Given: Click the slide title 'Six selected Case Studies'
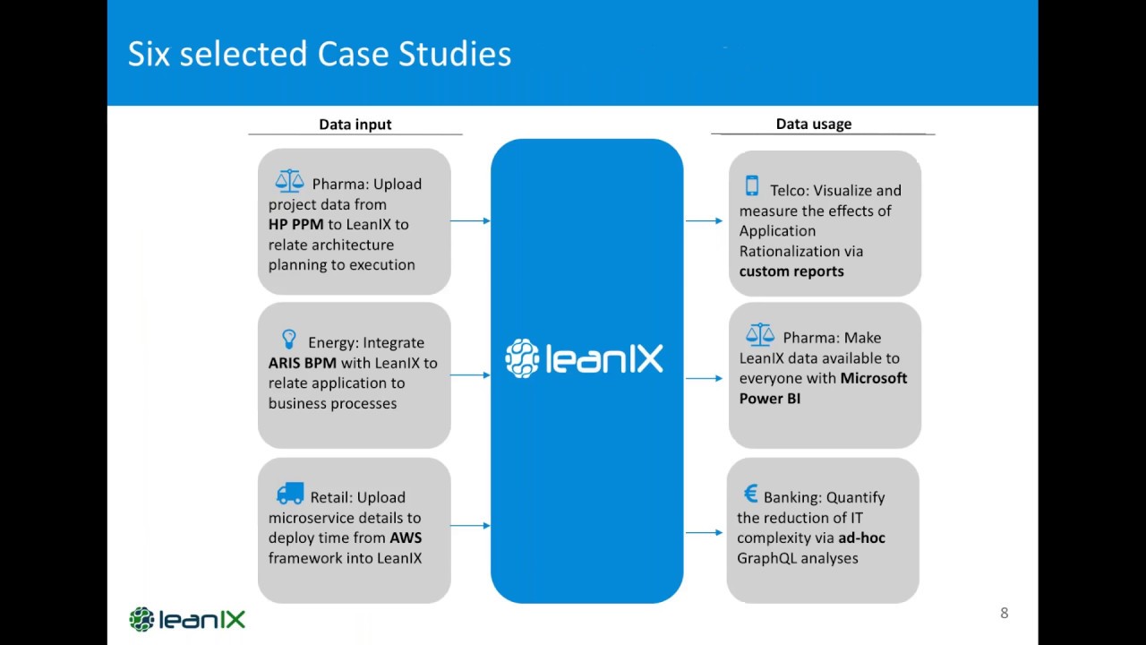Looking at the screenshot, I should (320, 54).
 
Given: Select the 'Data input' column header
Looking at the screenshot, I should (355, 125).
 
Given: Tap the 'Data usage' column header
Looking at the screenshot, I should (813, 124).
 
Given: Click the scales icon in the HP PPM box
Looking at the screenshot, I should (289, 181).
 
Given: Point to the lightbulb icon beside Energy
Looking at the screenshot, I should (288, 339).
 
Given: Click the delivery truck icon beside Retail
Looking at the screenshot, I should (290, 494).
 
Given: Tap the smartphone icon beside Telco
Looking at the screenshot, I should (752, 186).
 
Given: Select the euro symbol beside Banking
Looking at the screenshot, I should (750, 494).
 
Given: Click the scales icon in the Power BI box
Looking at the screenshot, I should (759, 335).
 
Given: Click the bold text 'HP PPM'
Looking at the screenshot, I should (295, 224).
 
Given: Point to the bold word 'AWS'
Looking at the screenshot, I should (406, 537).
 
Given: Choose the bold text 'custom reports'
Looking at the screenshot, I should (791, 271).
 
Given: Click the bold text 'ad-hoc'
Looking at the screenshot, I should (861, 537).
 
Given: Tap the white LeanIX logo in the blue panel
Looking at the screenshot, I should (585, 358).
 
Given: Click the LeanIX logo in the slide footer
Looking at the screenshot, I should (187, 619).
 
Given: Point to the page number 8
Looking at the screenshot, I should (1004, 613).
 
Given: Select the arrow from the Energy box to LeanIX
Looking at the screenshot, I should (470, 374).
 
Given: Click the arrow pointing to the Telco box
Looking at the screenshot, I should (705, 220).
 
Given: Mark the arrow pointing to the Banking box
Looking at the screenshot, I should (705, 533).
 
